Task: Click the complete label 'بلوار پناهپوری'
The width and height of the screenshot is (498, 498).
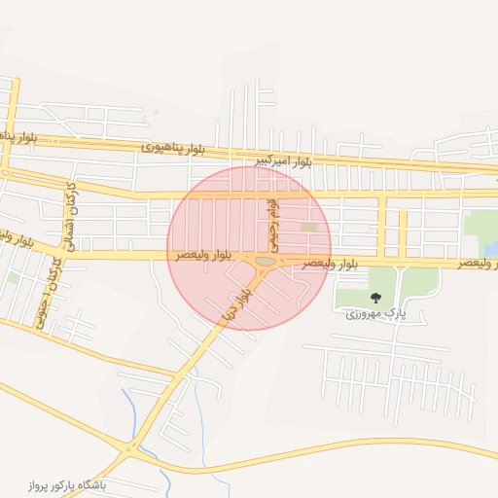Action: [x=173, y=148]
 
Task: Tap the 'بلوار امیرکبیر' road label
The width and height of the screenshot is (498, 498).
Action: [x=283, y=160]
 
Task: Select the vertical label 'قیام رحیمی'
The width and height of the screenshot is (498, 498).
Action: [x=274, y=224]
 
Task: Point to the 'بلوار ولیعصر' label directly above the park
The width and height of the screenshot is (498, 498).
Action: [x=330, y=264]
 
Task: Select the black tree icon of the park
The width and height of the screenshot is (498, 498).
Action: [x=375, y=298]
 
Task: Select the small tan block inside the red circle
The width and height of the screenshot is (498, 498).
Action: [x=309, y=228]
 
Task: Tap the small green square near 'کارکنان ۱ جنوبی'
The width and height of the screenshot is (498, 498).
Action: [x=13, y=278]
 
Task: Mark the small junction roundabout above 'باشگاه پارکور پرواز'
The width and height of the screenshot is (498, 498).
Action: [x=128, y=449]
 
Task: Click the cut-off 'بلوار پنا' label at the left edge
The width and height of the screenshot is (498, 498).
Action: [x=18, y=135]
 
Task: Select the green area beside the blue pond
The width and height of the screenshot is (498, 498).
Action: [x=479, y=223]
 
